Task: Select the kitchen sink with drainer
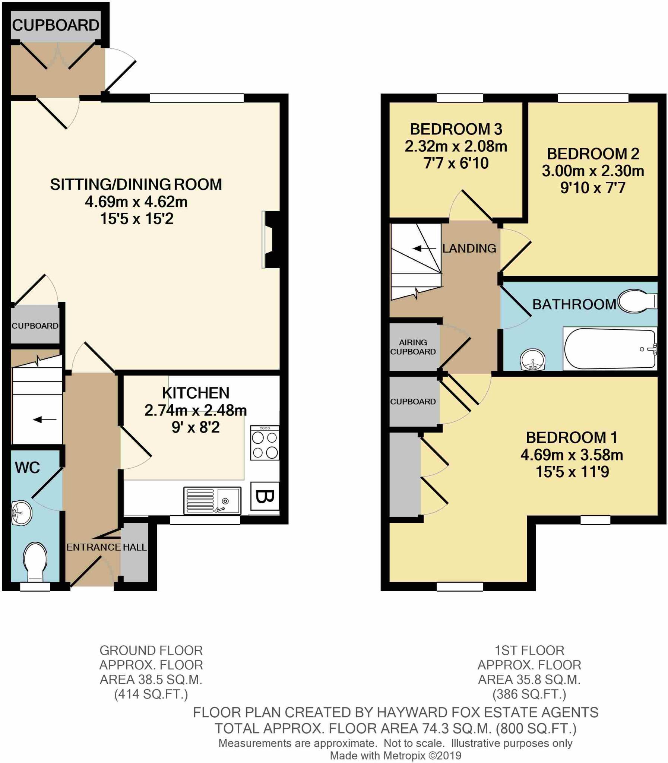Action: click(x=212, y=501)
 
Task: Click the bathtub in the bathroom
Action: click(x=610, y=349)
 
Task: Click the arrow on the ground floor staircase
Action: click(x=45, y=420)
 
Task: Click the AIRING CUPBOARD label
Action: click(x=413, y=347)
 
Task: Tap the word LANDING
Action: click(x=469, y=248)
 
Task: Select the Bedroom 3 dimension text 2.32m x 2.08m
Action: click(x=456, y=146)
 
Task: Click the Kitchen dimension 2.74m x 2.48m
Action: click(x=195, y=411)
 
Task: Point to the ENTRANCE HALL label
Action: click(x=106, y=547)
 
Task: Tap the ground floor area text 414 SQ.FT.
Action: click(x=151, y=694)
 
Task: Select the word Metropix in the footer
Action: click(x=403, y=756)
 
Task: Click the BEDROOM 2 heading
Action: click(x=593, y=154)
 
